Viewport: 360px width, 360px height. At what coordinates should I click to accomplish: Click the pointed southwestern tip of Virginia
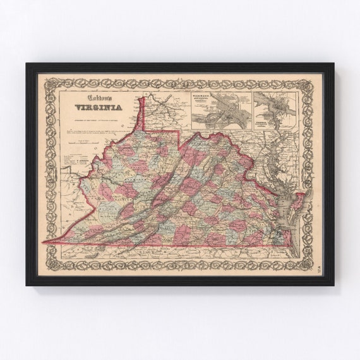(x=44, y=242)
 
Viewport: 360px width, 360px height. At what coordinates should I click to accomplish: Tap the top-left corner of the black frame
(x=28, y=64)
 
